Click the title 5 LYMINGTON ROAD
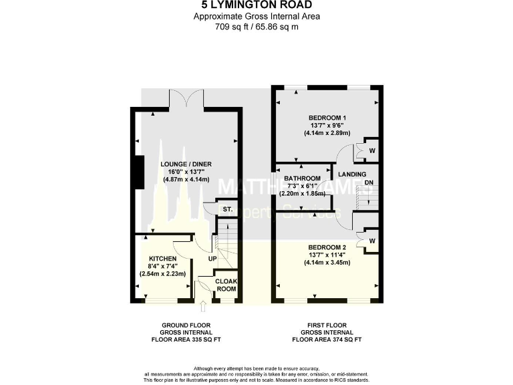click(x=256, y=6)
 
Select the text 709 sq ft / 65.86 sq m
click(x=256, y=27)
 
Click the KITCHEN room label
click(x=162, y=259)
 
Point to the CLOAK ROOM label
click(x=227, y=285)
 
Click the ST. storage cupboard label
click(x=227, y=209)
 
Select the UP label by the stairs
click(x=212, y=259)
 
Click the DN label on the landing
click(x=369, y=183)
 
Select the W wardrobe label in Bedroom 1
click(x=372, y=151)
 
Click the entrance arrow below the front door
click(x=203, y=307)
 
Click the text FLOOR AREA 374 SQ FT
click(x=327, y=340)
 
